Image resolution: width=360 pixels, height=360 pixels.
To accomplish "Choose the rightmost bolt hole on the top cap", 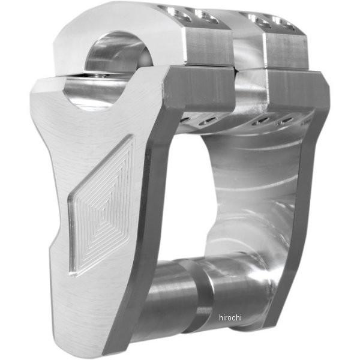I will click(x=283, y=22).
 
